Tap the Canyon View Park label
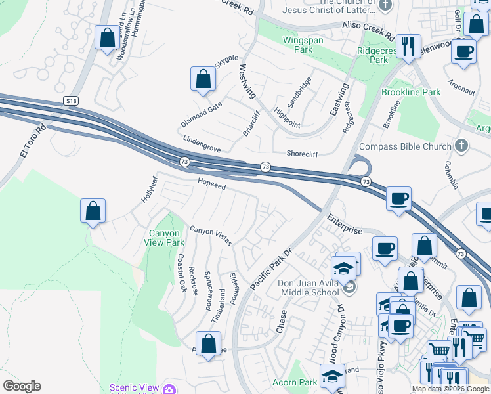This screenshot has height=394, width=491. point(166,238)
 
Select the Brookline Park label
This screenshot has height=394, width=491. point(411,93)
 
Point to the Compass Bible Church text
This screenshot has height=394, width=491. point(406,146)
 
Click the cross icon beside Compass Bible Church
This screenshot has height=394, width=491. point(462,146)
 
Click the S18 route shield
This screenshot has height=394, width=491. point(72,100)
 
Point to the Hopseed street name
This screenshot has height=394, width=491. point(212,186)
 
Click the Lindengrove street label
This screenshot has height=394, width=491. point(202,145)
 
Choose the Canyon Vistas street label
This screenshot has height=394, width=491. point(211,237)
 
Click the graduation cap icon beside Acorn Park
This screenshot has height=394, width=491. point(331,376)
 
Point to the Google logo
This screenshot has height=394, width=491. point(22,386)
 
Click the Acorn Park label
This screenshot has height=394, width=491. point(295,382)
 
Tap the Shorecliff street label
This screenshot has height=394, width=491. point(303,154)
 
